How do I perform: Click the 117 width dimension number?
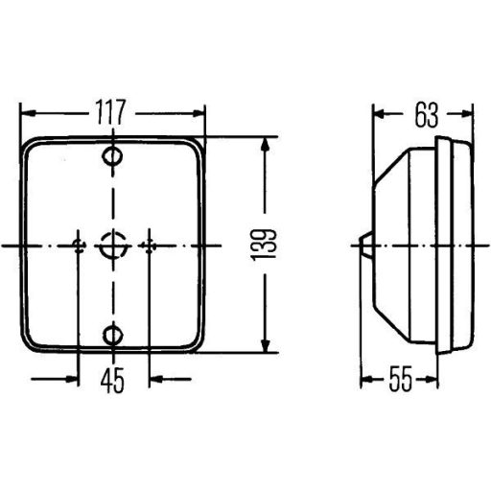pos(112,112)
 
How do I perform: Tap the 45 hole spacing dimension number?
pos(112,381)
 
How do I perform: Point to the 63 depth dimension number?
pos(428,114)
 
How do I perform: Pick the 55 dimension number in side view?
pos(401,380)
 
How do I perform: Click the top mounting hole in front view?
pos(113,156)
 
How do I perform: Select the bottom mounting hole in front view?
pos(113,335)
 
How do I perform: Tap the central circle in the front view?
pos(113,245)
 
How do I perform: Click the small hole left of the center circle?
pos(78,245)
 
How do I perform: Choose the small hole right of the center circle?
pos(149,245)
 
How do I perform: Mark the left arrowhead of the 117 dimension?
pos(27,112)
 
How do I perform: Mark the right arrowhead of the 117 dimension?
pos(199,112)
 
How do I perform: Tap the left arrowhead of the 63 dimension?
pos(378,114)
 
